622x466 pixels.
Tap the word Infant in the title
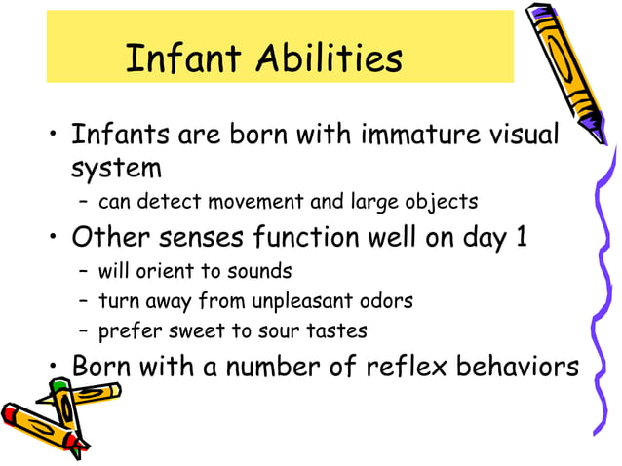click(x=184, y=60)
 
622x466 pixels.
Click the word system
click(x=115, y=168)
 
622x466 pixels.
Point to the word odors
click(x=385, y=300)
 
